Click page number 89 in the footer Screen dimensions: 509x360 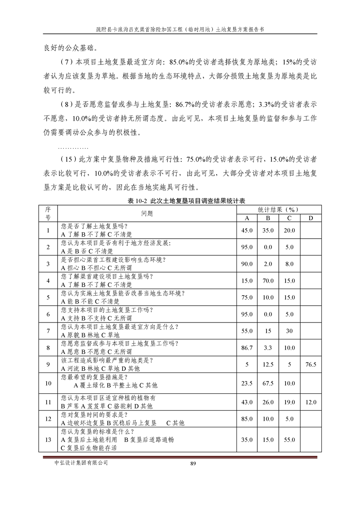[x=193, y=463]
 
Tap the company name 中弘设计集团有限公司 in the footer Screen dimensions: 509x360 [x=81, y=463]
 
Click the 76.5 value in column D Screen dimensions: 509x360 [x=311, y=364]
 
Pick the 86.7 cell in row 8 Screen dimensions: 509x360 [x=247, y=347]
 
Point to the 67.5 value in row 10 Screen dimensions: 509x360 [x=268, y=383]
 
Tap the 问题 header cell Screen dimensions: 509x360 [x=147, y=213]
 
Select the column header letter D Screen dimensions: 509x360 [x=311, y=218]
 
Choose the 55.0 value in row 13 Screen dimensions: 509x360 [x=289, y=440]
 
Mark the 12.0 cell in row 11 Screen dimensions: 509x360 [x=311, y=402]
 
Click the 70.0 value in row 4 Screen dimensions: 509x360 [x=268, y=281]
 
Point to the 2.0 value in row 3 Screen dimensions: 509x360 [x=268, y=264]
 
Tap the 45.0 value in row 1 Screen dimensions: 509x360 [x=247, y=230]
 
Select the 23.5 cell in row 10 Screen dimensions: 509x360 [x=247, y=383]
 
